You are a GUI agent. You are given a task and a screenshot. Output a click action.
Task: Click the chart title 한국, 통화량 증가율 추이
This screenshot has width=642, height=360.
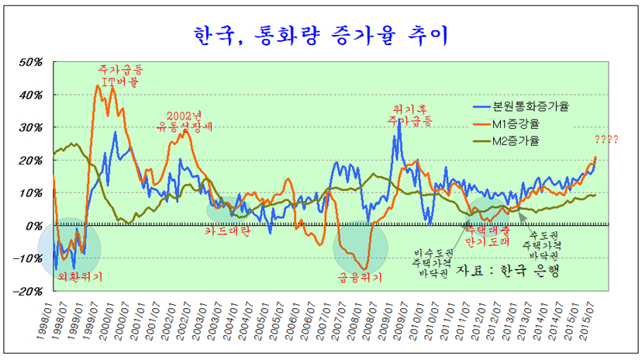[x=321, y=33]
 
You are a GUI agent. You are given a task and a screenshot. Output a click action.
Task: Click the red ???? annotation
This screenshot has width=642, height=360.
[x=606, y=140]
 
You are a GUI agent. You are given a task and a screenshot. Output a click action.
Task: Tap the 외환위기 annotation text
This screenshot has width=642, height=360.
[x=80, y=275]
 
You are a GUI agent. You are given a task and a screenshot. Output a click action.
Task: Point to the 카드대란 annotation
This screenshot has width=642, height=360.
[x=227, y=230]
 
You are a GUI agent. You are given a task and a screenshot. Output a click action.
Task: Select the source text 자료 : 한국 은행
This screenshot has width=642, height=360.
[x=508, y=270]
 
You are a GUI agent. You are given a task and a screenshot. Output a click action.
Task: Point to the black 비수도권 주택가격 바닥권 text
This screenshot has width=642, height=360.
[x=429, y=262]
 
